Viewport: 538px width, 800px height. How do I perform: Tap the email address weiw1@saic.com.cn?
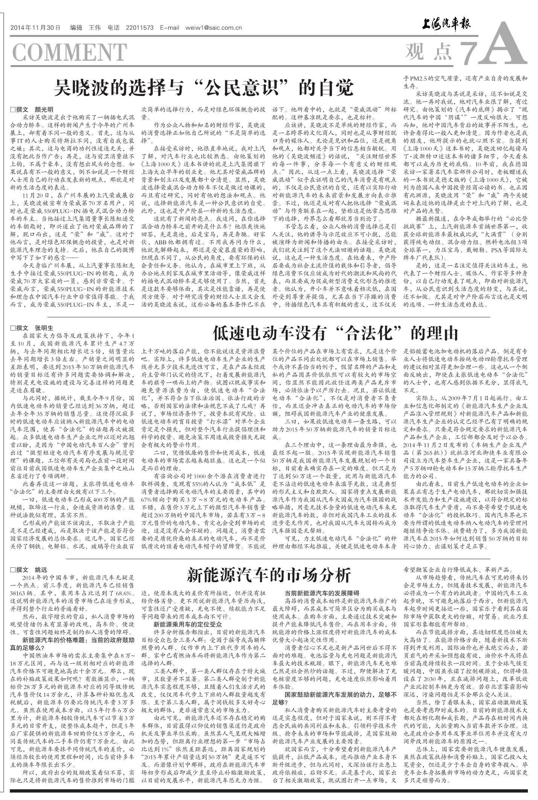point(213,28)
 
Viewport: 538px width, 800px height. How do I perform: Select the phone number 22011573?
point(139,28)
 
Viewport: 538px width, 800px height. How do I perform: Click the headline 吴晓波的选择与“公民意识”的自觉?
point(203,88)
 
